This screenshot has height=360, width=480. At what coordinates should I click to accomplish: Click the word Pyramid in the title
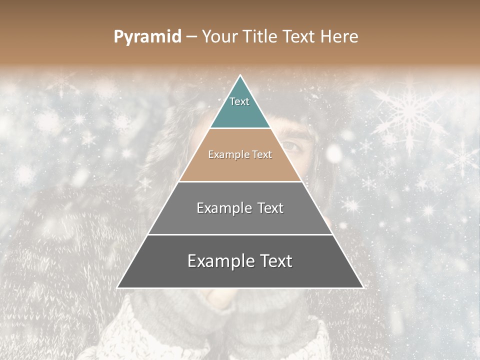[147, 37]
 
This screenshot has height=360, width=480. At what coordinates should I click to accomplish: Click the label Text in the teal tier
[239, 101]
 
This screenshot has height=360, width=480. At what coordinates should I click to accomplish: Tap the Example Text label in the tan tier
[240, 154]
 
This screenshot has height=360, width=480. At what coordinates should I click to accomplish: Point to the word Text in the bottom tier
[274, 261]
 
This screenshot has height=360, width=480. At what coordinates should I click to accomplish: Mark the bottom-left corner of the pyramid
[117, 288]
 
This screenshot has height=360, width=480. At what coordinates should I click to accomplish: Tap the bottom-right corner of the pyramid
[363, 288]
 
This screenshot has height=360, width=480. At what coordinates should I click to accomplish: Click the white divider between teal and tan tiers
[240, 128]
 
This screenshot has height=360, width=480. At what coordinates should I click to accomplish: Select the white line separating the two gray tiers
[240, 234]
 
